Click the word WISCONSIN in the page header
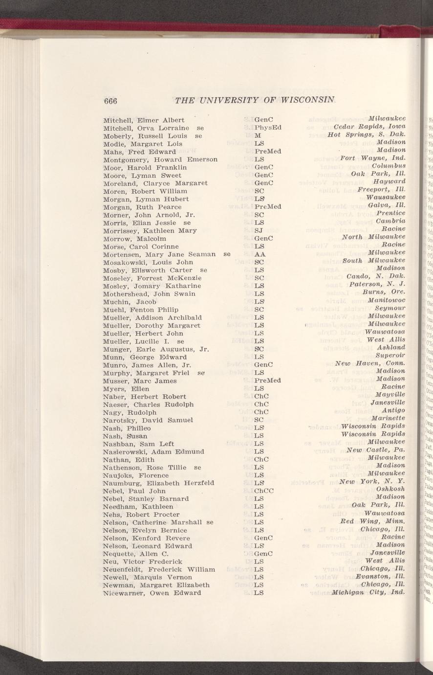[307, 100]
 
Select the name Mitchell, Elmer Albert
[144, 120]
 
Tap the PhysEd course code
[268, 128]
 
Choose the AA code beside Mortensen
[260, 254]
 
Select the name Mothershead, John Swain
[149, 294]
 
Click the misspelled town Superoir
[390, 355]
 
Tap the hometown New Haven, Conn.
[370, 363]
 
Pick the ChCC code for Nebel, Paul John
[264, 491]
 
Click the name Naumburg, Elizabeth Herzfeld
[159, 483]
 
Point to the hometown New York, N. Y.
[375, 482]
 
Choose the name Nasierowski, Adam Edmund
[153, 451]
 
